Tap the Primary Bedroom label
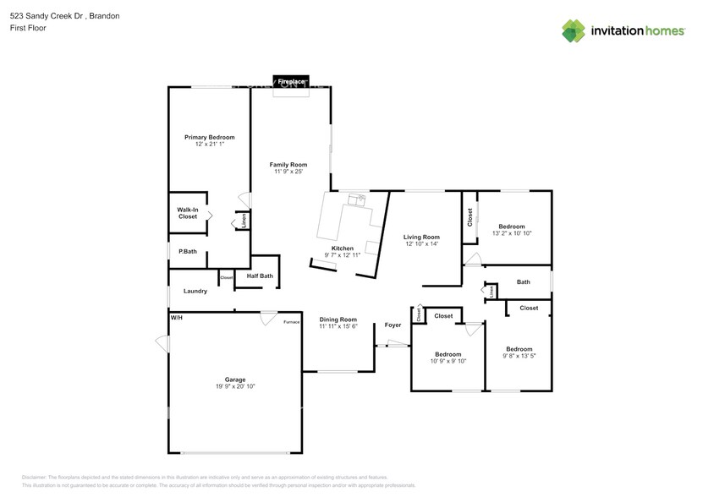click(210, 137)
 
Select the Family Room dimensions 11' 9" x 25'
click(288, 172)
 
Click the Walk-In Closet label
click(188, 213)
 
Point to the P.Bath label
click(188, 251)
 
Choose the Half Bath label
click(260, 276)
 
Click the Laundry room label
click(195, 291)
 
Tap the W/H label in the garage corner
click(176, 318)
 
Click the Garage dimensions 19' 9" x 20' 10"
click(234, 386)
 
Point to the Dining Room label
click(338, 319)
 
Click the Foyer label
click(393, 325)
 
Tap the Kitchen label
click(343, 248)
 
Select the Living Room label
click(420, 237)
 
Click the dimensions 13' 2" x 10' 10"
click(512, 233)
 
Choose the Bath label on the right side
click(523, 282)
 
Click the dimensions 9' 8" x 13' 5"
click(519, 356)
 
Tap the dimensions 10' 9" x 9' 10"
click(448, 361)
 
